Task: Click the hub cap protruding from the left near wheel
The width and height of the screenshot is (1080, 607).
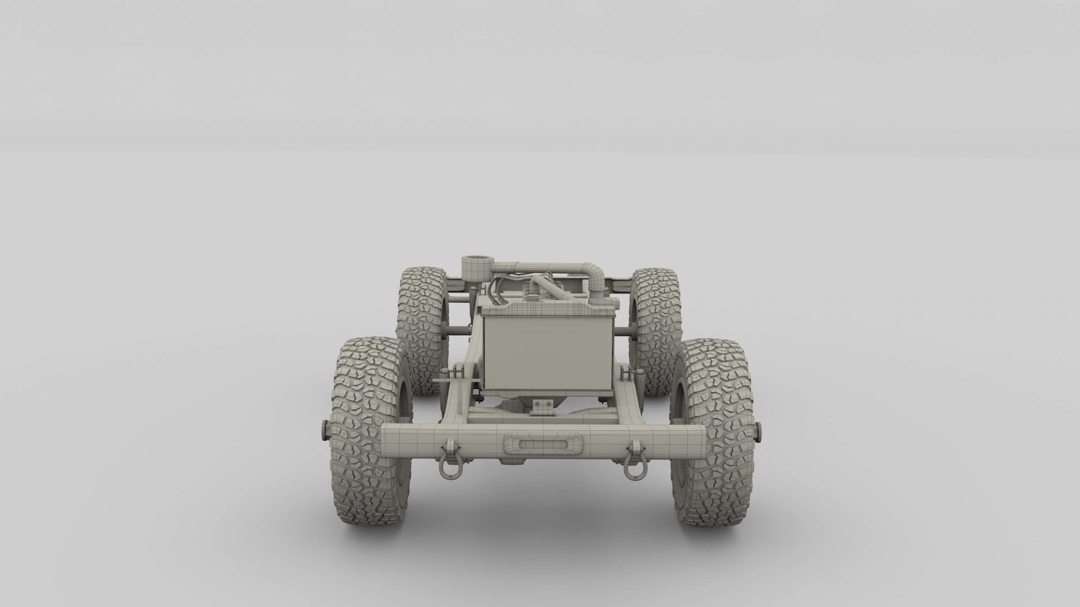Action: [x=325, y=431]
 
